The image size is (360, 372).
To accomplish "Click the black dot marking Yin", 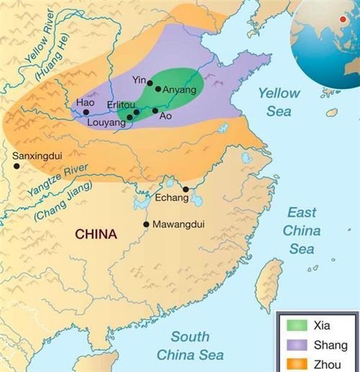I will pyautogui.click(x=150, y=83).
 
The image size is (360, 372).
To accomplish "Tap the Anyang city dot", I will pyautogui.click(x=158, y=89).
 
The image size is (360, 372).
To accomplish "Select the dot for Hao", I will pyautogui.click(x=86, y=112).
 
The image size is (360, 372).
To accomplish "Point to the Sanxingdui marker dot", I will pyautogui.click(x=16, y=166).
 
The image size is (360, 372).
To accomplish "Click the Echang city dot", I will pyautogui.click(x=186, y=190).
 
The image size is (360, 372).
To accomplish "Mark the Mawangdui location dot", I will pyautogui.click(x=147, y=224).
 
